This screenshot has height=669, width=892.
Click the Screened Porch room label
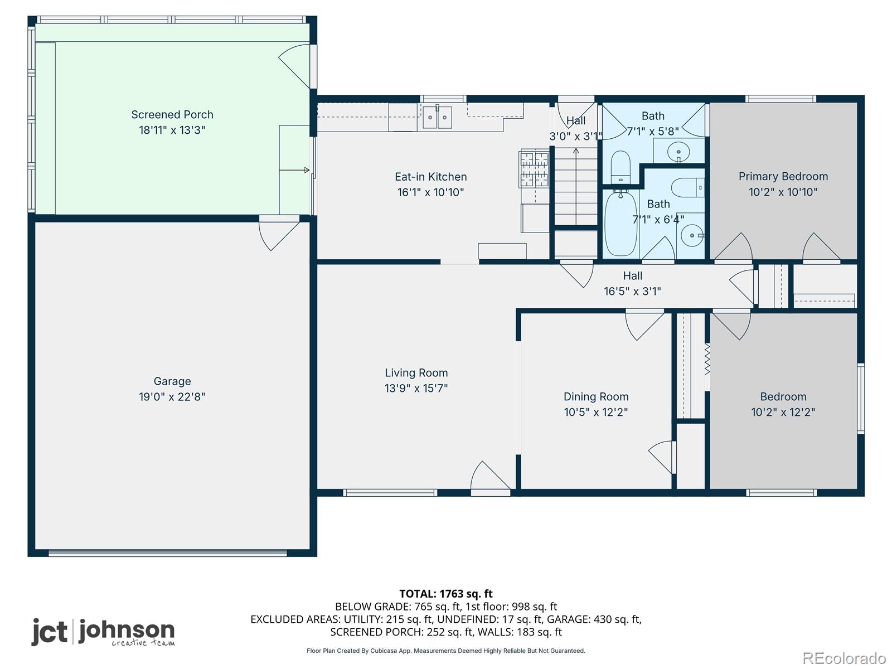(172, 114)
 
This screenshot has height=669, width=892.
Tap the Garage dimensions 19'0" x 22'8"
(172, 396)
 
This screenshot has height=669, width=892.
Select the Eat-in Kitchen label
(431, 177)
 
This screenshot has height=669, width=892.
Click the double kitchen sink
(437, 117)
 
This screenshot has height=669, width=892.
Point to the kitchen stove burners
(534, 168)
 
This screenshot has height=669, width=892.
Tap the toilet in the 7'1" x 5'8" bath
(620, 167)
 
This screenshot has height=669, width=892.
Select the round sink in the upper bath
(678, 151)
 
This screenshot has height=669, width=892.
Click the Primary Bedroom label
(783, 176)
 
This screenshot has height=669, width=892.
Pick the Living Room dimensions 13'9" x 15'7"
(416, 388)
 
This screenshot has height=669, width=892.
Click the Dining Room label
(596, 396)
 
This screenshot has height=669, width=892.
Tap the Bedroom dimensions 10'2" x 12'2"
(783, 412)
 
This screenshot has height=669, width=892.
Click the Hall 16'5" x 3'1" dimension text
(632, 291)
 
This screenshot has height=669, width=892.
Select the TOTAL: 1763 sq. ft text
(446, 594)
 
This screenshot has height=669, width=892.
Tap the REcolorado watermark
(844, 658)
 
